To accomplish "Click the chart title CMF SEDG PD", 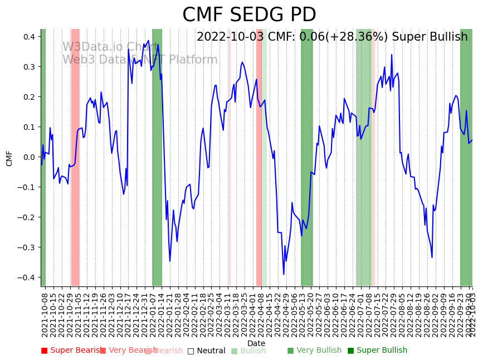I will [249, 15].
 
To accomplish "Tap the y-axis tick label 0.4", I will [30, 37].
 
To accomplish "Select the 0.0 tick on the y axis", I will [30, 157].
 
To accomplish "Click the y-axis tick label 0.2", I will [30, 97].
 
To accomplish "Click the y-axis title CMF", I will [9, 158].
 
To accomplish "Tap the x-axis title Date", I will [256, 343].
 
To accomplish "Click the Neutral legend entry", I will [207, 351].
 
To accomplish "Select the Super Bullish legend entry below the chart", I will [378, 351].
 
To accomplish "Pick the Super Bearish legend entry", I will [71, 351].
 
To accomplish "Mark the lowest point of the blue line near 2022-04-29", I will [284, 274].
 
